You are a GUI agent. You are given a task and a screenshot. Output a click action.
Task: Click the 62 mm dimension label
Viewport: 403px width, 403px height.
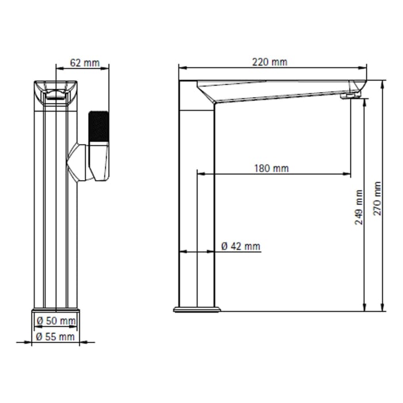click(x=85, y=63)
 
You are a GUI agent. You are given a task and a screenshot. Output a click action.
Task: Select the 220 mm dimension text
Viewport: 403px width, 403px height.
click(x=269, y=62)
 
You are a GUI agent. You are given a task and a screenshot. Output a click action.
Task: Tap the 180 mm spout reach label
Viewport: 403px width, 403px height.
click(x=272, y=168)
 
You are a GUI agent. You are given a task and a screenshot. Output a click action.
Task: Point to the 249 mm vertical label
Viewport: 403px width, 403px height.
click(x=359, y=207)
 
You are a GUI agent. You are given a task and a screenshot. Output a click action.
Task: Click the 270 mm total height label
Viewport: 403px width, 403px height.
click(x=377, y=199)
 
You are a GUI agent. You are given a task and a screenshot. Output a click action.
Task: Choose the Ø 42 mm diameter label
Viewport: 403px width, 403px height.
click(x=241, y=246)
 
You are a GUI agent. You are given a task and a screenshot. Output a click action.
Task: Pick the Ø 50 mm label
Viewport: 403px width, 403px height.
click(x=56, y=321)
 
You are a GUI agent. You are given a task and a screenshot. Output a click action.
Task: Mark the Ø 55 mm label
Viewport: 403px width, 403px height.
click(x=55, y=336)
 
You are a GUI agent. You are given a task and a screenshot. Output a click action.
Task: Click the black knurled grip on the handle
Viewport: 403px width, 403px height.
click(x=98, y=126)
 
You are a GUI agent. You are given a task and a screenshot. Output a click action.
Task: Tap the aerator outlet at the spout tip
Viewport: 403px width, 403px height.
click(x=350, y=96)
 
